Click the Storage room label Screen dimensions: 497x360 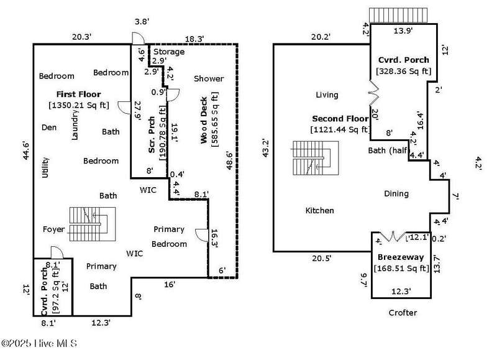pyautogui.click(x=169, y=52)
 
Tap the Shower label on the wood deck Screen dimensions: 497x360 pyautogui.click(x=209, y=78)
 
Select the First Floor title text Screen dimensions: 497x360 pyautogui.click(x=79, y=95)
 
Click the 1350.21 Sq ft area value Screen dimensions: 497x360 pyautogui.click(x=79, y=105)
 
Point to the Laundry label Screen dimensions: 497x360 pyautogui.click(x=75, y=125)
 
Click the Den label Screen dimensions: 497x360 pyautogui.click(x=49, y=127)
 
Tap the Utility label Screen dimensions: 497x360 pyautogui.click(x=45, y=167)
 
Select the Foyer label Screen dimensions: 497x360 pyautogui.click(x=53, y=229)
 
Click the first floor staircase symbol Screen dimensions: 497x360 pyautogui.click(x=93, y=224)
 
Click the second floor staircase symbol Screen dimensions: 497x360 pyautogui.click(x=316, y=159)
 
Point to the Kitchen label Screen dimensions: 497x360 pyautogui.click(x=319, y=210)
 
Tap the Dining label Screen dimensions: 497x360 pyautogui.click(x=396, y=193)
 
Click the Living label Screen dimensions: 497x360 pyautogui.click(x=327, y=95)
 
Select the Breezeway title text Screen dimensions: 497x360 pyautogui.click(x=401, y=257)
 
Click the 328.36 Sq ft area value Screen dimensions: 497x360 pyautogui.click(x=403, y=71)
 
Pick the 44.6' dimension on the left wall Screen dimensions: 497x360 pyautogui.click(x=25, y=151)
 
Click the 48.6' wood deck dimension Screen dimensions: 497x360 pyautogui.click(x=230, y=161)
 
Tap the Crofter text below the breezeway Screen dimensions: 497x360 pyautogui.click(x=403, y=313)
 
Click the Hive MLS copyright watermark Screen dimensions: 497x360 pyautogui.click(x=39, y=343)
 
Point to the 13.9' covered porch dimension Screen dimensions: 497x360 pyautogui.click(x=403, y=30)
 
